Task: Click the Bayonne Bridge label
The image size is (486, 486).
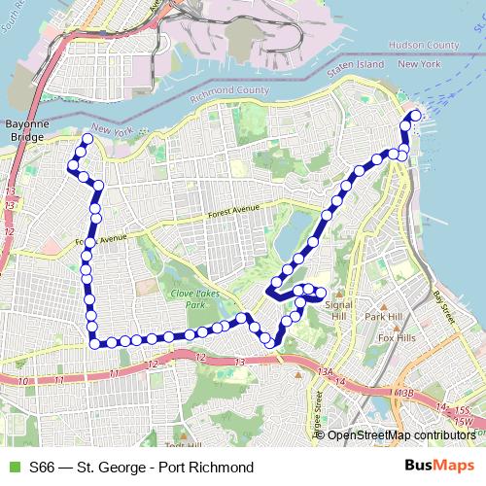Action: (x=25, y=131)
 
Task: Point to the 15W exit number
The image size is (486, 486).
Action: (x=464, y=422)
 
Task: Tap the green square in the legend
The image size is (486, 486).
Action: (x=15, y=467)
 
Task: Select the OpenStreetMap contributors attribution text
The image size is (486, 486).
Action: (x=400, y=434)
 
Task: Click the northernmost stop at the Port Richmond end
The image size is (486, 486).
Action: (x=87, y=140)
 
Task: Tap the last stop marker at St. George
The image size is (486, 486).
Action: (x=416, y=116)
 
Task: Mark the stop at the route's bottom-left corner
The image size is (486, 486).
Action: (x=95, y=341)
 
